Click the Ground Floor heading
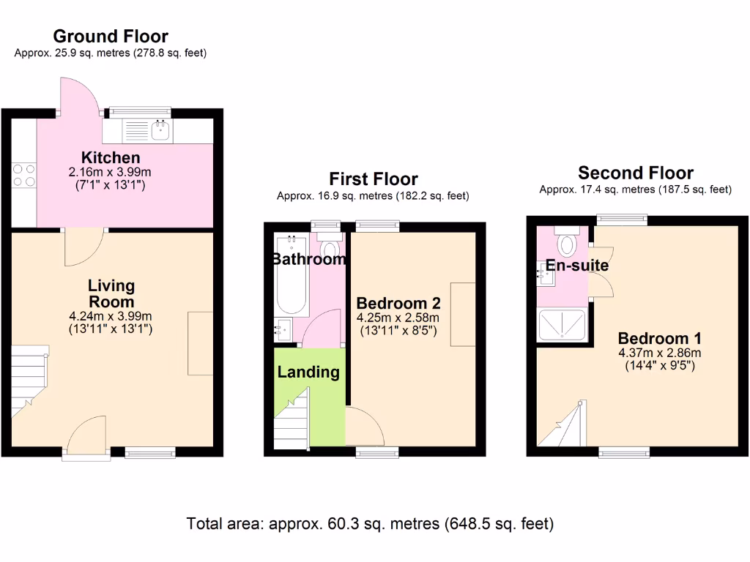(111, 36)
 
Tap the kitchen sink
(160, 131)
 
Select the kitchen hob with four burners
(23, 175)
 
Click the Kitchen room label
(111, 157)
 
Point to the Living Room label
(111, 293)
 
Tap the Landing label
(308, 372)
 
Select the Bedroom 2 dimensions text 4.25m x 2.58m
(398, 318)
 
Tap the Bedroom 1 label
(659, 338)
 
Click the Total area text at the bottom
(370, 524)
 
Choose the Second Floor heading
(635, 173)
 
